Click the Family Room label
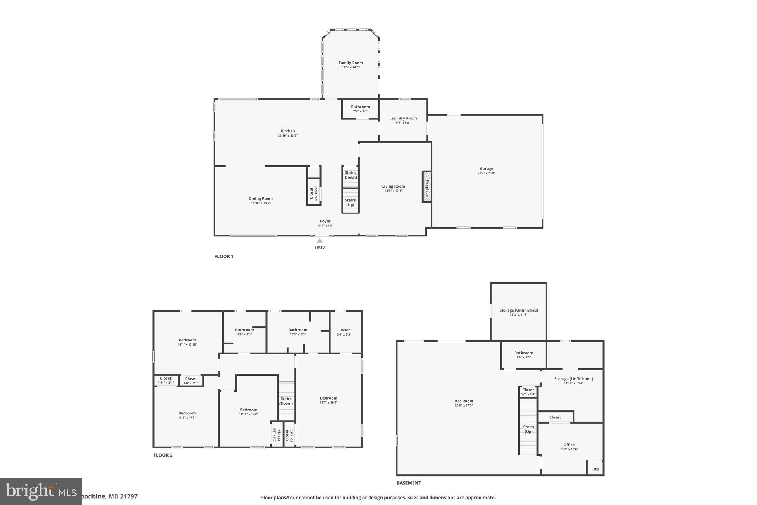pyautogui.click(x=350, y=63)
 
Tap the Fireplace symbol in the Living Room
pyautogui.click(x=427, y=187)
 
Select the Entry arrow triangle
pyautogui.click(x=319, y=241)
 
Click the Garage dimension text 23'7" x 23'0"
pyautogui.click(x=486, y=173)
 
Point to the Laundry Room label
pyautogui.click(x=403, y=118)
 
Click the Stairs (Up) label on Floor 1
pyautogui.click(x=350, y=202)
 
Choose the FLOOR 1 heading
pyautogui.click(x=224, y=256)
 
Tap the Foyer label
pyautogui.click(x=325, y=221)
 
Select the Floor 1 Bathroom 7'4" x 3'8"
pyautogui.click(x=360, y=109)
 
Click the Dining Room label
pyautogui.click(x=261, y=199)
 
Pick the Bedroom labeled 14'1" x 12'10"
pyautogui.click(x=187, y=342)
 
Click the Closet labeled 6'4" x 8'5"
pyautogui.click(x=344, y=332)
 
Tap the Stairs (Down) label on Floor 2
pyautogui.click(x=286, y=401)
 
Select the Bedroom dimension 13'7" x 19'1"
pyautogui.click(x=329, y=403)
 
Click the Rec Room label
pyautogui.click(x=464, y=401)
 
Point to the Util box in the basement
pyautogui.click(x=595, y=469)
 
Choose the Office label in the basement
pyautogui.click(x=569, y=445)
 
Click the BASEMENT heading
pyautogui.click(x=408, y=483)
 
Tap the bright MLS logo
pyautogui.click(x=41, y=491)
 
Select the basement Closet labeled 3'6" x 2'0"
pyautogui.click(x=528, y=392)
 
